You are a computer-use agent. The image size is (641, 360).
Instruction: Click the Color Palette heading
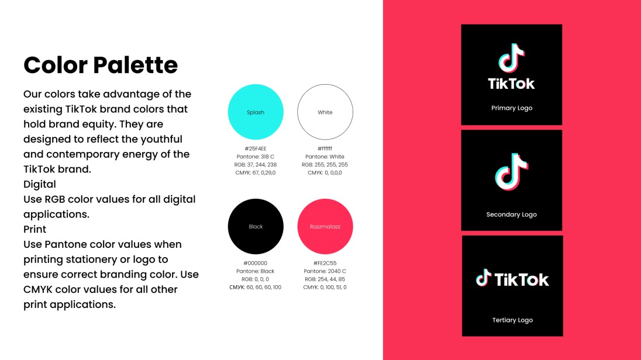101,65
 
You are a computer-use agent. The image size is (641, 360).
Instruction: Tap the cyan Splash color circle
256,112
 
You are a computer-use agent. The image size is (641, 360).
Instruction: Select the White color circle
325,112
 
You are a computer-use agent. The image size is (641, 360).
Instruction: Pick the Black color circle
256,226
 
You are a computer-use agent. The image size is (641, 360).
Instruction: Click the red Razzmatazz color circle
325,226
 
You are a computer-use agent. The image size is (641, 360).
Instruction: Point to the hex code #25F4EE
256,148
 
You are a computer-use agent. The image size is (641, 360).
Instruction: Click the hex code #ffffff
325,148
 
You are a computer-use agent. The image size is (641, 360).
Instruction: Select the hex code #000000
256,263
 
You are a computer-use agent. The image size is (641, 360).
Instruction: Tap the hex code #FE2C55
325,263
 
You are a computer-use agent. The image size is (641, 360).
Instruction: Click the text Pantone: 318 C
256,157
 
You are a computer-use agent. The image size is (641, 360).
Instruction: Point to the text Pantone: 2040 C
325,271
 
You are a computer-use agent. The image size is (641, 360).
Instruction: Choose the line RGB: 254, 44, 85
325,279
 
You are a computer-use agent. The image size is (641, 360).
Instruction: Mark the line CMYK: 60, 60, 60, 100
256,288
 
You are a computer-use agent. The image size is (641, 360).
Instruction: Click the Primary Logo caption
512,108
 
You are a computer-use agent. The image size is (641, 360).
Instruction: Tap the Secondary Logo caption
512,214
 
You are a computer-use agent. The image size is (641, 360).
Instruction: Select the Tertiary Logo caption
512,320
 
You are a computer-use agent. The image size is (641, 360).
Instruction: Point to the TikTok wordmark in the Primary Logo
512,84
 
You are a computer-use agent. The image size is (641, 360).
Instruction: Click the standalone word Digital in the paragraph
40,184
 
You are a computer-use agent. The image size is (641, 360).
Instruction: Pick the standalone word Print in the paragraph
35,229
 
